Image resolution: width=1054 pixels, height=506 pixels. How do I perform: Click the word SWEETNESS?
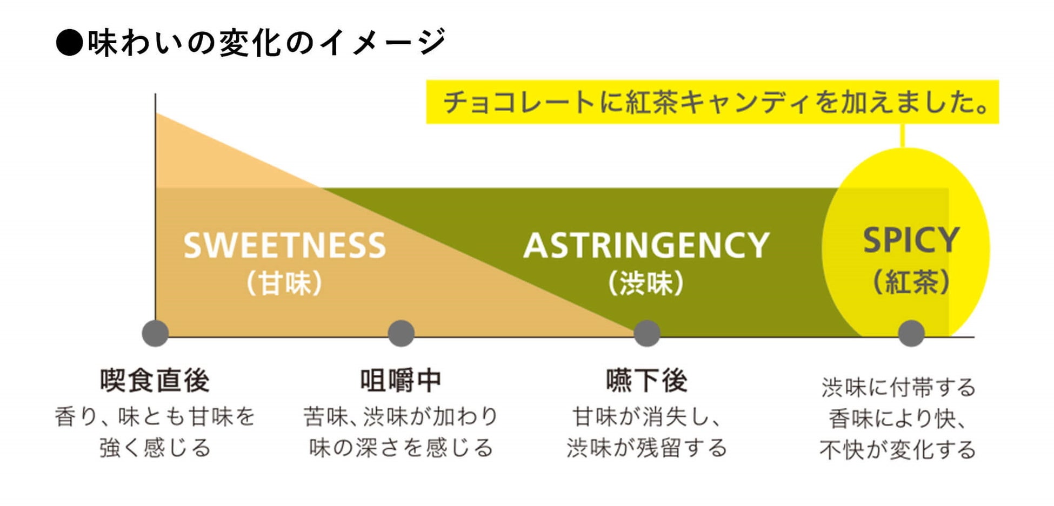click(284, 246)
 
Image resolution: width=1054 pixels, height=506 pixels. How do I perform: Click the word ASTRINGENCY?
click(646, 246)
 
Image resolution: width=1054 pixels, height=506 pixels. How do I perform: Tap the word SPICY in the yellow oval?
click(911, 240)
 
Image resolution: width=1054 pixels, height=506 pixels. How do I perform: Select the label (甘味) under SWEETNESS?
click(284, 283)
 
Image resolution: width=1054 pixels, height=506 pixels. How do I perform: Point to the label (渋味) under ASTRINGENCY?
click(646, 283)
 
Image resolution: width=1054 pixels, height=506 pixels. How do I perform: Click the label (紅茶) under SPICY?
click(911, 282)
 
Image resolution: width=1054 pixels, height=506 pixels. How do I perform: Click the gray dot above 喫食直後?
click(155, 333)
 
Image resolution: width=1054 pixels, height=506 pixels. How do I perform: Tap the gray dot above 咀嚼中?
click(401, 333)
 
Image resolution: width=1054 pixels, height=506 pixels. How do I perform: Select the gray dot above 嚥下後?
click(646, 333)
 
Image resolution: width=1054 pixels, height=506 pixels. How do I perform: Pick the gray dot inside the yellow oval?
click(911, 333)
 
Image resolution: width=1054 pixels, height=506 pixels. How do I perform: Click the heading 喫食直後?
click(155, 381)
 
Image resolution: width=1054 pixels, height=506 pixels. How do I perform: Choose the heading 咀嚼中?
click(401, 381)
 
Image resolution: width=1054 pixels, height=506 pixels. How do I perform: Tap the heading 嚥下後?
click(646, 381)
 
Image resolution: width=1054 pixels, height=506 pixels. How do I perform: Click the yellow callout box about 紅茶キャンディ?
click(712, 102)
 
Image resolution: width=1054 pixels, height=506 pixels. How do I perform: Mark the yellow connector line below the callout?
click(902, 136)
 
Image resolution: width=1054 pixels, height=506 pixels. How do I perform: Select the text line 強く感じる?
click(155, 448)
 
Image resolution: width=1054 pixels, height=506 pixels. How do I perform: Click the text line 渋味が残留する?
click(646, 448)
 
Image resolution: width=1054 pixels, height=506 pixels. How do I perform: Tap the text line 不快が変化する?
click(897, 449)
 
